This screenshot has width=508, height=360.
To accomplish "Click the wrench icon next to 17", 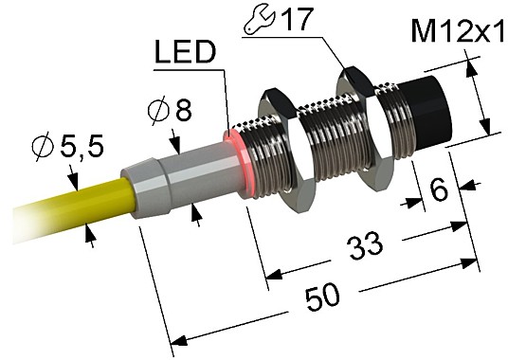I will pos(252,19).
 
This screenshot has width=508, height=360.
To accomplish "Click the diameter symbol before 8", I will pos(158,112).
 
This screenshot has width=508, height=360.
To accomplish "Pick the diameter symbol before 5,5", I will pos(42,148).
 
